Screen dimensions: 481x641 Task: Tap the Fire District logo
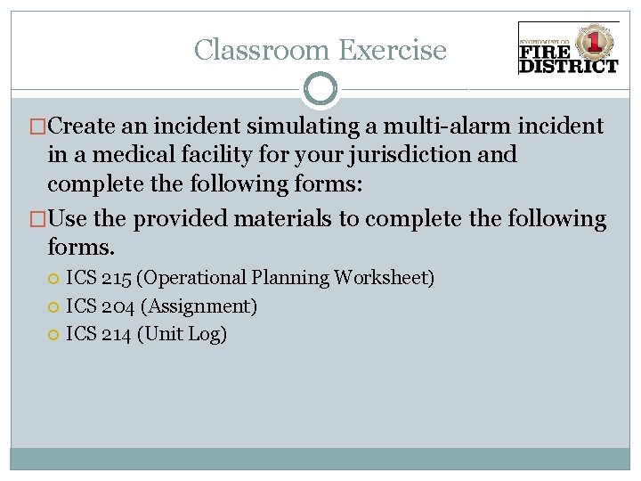click(568, 50)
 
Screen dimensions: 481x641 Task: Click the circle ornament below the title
click(320, 89)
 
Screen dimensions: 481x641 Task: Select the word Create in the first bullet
click(91, 126)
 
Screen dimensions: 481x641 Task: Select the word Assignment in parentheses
click(197, 306)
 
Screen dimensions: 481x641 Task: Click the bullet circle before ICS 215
click(53, 279)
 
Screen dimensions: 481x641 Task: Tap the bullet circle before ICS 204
click(53, 307)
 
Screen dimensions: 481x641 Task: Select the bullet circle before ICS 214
click(53, 336)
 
